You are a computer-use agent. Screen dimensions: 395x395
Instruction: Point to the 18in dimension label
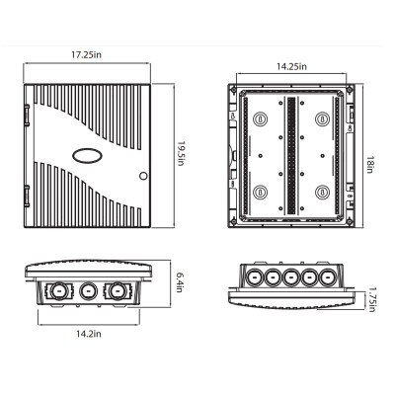(x=366, y=157)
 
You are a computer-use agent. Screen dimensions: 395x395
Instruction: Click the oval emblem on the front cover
(x=84, y=154)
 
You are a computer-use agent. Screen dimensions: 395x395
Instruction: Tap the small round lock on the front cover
(x=142, y=178)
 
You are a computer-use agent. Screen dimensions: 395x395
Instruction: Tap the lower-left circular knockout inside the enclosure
(x=261, y=192)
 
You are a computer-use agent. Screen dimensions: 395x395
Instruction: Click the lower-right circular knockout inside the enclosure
(x=321, y=192)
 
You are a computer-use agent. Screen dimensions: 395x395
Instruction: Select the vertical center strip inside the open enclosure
(x=290, y=156)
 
